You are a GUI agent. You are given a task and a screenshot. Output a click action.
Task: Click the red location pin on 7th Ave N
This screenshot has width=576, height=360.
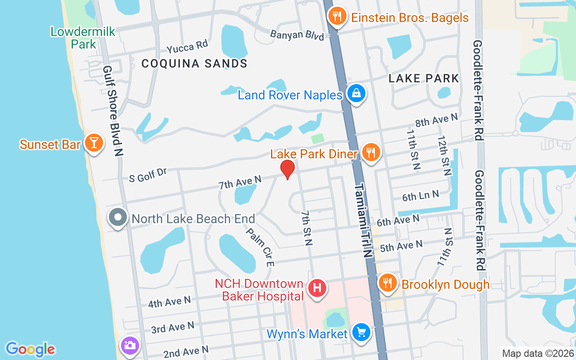(x=287, y=169)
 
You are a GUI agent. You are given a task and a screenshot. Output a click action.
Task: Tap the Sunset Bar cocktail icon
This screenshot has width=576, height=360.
(x=94, y=143)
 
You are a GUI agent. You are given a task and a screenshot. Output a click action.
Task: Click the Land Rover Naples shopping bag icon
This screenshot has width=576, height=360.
(x=356, y=93)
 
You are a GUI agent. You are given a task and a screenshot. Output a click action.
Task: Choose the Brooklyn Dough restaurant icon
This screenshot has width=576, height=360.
(x=387, y=283)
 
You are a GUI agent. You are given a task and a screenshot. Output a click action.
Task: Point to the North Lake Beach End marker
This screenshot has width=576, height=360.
(x=118, y=218)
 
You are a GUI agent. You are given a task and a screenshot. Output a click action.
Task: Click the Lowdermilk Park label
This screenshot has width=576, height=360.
(x=83, y=38)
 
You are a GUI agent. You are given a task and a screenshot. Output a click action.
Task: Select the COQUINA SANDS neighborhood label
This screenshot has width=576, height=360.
(x=194, y=63)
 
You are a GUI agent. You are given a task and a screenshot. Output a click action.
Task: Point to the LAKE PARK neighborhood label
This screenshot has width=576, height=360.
(x=423, y=78)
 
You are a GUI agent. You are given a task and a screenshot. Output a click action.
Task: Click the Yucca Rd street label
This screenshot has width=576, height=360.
(x=187, y=46)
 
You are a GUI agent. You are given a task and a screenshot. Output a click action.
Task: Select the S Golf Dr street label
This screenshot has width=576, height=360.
(x=148, y=175)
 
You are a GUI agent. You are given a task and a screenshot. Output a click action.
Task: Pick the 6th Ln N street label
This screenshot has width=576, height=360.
(x=420, y=196)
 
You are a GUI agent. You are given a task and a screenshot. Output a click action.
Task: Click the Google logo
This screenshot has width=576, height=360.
(x=30, y=349)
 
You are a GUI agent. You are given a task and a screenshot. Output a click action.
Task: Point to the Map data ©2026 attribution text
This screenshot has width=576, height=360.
(x=538, y=353)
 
